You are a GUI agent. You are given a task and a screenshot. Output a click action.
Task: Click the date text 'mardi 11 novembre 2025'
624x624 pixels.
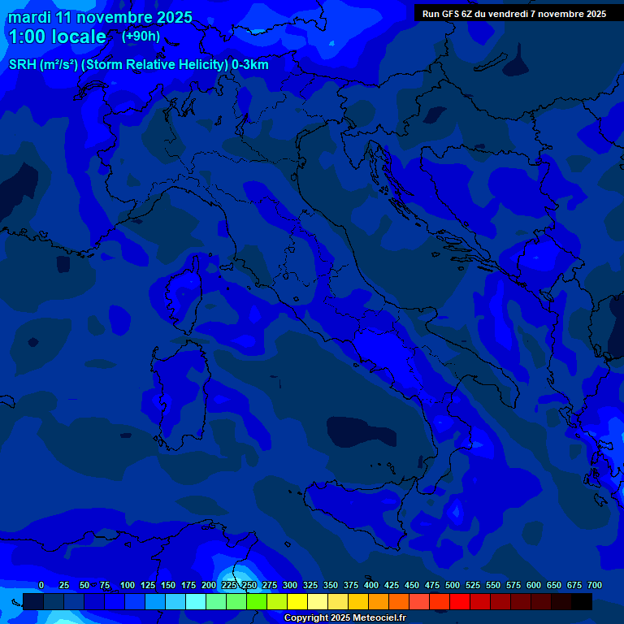[100, 17]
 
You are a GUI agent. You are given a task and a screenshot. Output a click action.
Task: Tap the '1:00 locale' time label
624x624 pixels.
[57, 37]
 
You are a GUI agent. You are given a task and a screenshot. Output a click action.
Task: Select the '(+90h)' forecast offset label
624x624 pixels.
[141, 36]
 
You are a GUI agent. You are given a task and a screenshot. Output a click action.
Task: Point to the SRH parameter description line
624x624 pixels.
[138, 64]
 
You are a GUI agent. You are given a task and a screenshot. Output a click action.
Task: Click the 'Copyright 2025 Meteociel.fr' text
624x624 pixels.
[344, 617]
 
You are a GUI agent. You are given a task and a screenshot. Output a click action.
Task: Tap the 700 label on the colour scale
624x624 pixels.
[594, 585]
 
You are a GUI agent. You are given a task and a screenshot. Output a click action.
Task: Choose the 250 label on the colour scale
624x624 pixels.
[249, 585]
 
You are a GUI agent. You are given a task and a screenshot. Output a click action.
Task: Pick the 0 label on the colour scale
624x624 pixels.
[41, 585]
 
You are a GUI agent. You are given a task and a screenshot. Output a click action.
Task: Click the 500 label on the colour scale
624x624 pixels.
[453, 585]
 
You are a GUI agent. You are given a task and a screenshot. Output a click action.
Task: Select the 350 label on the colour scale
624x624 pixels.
[331, 585]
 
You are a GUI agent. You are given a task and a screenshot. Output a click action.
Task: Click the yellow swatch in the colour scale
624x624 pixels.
[297, 602]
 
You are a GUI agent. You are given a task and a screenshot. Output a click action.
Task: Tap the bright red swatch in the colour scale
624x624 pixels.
[460, 602]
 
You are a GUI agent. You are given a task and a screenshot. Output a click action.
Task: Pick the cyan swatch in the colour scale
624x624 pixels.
[196, 602]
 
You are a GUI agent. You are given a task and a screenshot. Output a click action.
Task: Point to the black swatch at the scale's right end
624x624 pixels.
[582, 602]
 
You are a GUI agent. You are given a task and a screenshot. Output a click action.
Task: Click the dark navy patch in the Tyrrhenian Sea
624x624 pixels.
[362, 431]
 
